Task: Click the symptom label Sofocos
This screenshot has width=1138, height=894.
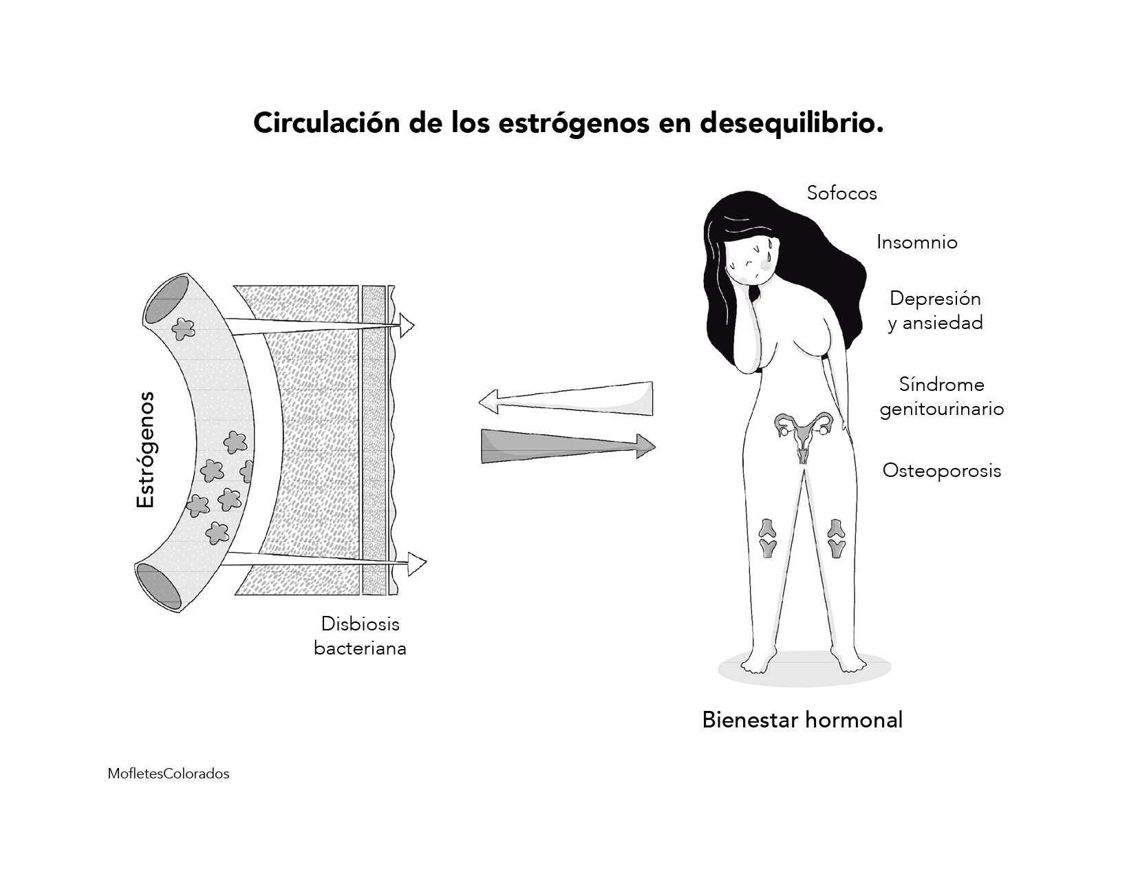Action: point(841,193)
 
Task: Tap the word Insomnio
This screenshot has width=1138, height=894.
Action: point(916,242)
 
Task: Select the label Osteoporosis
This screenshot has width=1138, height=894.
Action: point(941,471)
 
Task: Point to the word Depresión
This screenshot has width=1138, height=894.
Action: point(934,299)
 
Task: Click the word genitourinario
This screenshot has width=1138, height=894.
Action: point(941,409)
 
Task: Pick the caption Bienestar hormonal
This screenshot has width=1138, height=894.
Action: point(802,720)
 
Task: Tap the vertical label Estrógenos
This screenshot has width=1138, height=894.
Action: point(146,450)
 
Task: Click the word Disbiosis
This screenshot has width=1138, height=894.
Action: point(360,624)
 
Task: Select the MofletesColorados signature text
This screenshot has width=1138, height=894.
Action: point(169,774)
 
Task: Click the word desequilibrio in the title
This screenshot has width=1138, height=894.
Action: point(791,124)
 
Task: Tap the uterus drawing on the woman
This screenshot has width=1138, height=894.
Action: point(803,434)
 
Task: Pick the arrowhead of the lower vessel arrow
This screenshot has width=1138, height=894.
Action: point(416,564)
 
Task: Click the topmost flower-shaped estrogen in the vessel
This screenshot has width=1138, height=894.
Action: point(183,330)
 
